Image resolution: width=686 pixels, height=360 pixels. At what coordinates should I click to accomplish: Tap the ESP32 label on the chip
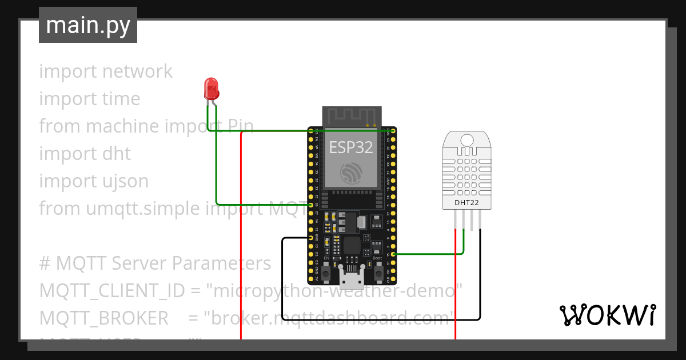pos(351,147)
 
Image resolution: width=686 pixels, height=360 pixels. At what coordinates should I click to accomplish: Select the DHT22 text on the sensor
pos(467,202)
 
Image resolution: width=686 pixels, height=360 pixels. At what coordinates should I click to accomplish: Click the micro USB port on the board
pos(352,279)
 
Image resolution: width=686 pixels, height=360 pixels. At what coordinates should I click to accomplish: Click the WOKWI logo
pos(607,315)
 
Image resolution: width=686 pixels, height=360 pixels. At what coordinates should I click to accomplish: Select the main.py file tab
pos(88,25)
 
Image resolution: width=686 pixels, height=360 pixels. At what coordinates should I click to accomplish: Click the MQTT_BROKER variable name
pos(103,318)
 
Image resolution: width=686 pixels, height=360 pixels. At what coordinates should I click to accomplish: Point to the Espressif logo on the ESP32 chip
pos(351,173)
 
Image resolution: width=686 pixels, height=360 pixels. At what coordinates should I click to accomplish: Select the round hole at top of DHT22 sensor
pos(467,139)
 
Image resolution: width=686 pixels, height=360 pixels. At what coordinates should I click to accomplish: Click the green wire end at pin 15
pos(393,254)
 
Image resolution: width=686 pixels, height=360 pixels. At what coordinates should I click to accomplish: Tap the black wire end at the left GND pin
pos(310,237)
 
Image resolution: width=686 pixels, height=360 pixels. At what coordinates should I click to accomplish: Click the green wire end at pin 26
pos(310,205)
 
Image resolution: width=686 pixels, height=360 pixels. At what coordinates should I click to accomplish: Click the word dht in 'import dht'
pos(117,154)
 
